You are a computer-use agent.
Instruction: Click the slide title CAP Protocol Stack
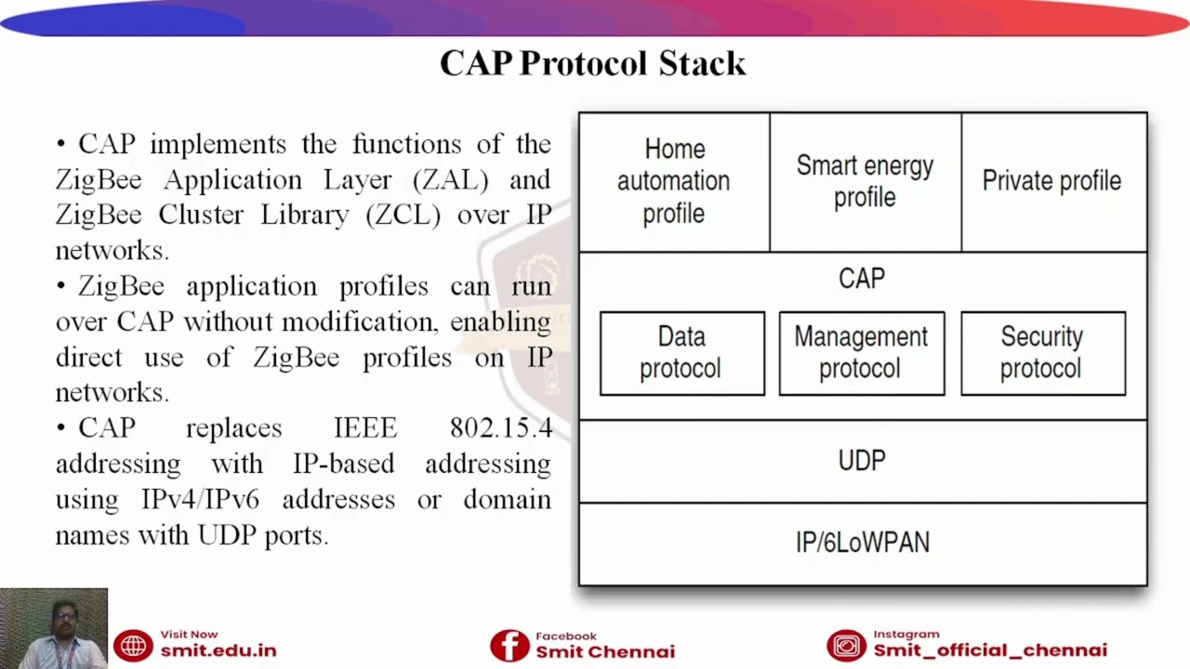coord(593,63)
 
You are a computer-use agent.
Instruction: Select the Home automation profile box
coord(674,181)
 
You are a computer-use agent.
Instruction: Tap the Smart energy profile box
coord(865,181)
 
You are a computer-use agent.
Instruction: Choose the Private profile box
coord(1051,181)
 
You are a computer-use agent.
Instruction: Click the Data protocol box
coord(681,353)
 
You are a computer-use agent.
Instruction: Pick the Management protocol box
coord(861,353)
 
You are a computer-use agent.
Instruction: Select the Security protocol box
coord(1042,353)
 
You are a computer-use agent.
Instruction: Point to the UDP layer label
coord(862,461)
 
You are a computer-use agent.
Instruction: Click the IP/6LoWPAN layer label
coord(862,543)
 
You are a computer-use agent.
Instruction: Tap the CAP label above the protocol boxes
coord(862,279)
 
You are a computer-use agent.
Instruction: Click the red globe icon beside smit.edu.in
coord(133,645)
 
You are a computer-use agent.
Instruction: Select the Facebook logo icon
coord(509,645)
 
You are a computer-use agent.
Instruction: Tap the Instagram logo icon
coord(846,645)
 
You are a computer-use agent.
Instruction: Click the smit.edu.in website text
coord(218,651)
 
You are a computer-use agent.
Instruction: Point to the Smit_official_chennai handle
coord(990,651)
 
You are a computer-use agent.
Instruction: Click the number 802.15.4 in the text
coord(500,428)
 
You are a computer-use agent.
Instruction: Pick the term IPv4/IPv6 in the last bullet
coord(200,500)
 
